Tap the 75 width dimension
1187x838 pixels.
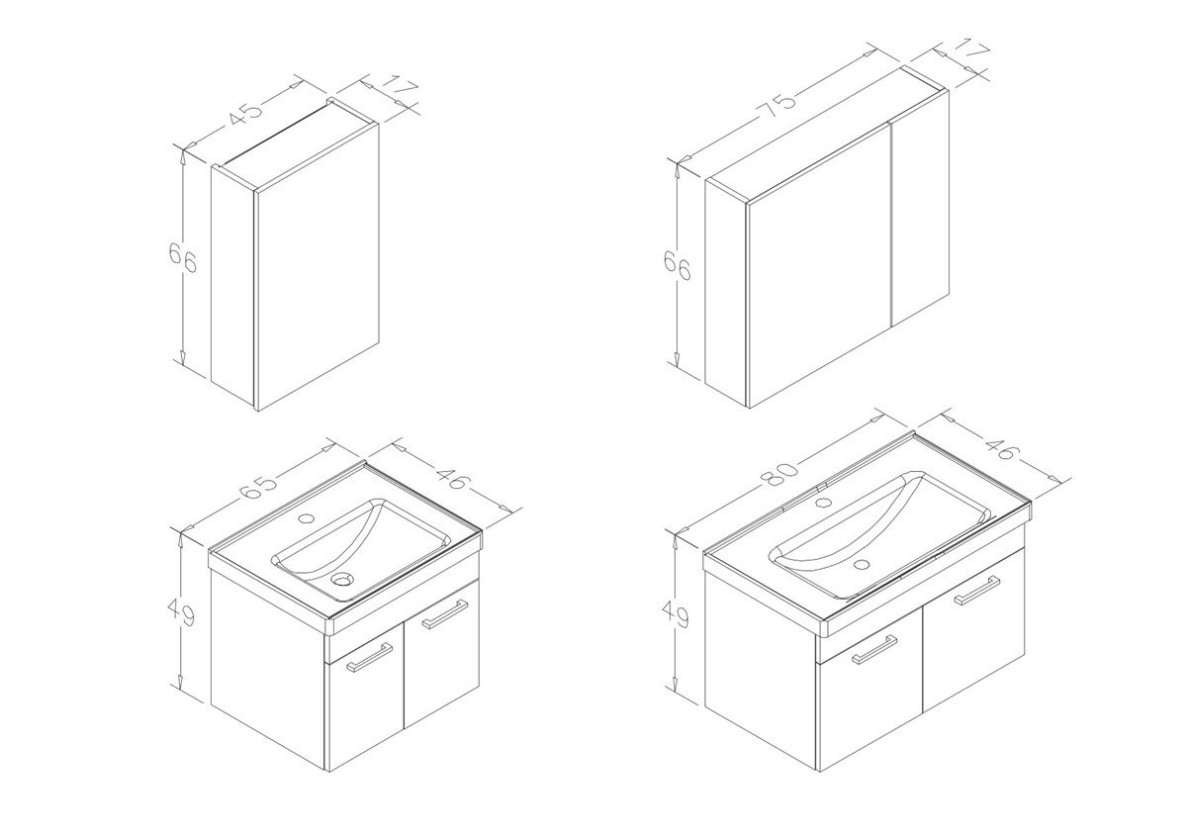tap(778, 109)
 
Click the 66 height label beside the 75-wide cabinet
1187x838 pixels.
tap(679, 264)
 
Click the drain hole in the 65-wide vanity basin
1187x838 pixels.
tap(342, 578)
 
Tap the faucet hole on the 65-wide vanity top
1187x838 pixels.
tap(306, 517)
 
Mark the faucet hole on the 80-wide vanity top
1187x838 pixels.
tap(823, 502)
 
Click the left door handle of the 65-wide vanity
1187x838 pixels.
tap(369, 658)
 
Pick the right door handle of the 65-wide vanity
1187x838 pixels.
tap(444, 613)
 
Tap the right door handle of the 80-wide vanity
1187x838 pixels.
tap(976, 590)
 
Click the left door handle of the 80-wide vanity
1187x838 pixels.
tap(874, 649)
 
